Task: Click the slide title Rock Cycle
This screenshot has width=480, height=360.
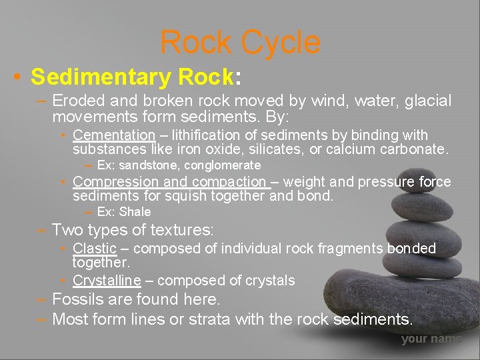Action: coord(240,43)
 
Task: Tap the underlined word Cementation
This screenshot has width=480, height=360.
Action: coord(113,135)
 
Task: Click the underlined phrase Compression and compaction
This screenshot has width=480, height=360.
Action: coord(169,181)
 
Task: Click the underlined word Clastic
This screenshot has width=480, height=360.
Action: coord(95,248)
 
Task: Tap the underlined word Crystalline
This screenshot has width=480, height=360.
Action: coord(107,280)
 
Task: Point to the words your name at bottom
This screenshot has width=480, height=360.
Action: coord(431,339)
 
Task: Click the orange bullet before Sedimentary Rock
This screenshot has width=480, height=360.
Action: coord(17,78)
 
